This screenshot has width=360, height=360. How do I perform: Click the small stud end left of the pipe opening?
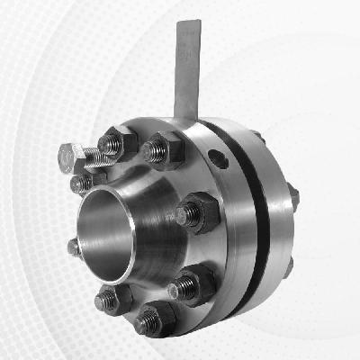[73, 246]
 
